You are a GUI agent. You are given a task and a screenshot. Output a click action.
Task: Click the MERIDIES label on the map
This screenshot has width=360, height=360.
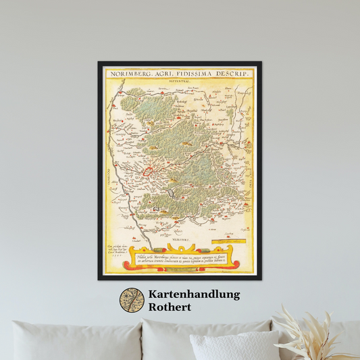click(179, 238)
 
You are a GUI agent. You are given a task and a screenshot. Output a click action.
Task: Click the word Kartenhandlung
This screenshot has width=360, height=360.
click(195, 294)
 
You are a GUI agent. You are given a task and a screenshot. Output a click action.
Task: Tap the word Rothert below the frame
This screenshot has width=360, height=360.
click(171, 307)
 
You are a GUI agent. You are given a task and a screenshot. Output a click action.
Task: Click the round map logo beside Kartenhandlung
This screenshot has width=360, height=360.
click(132, 301)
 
